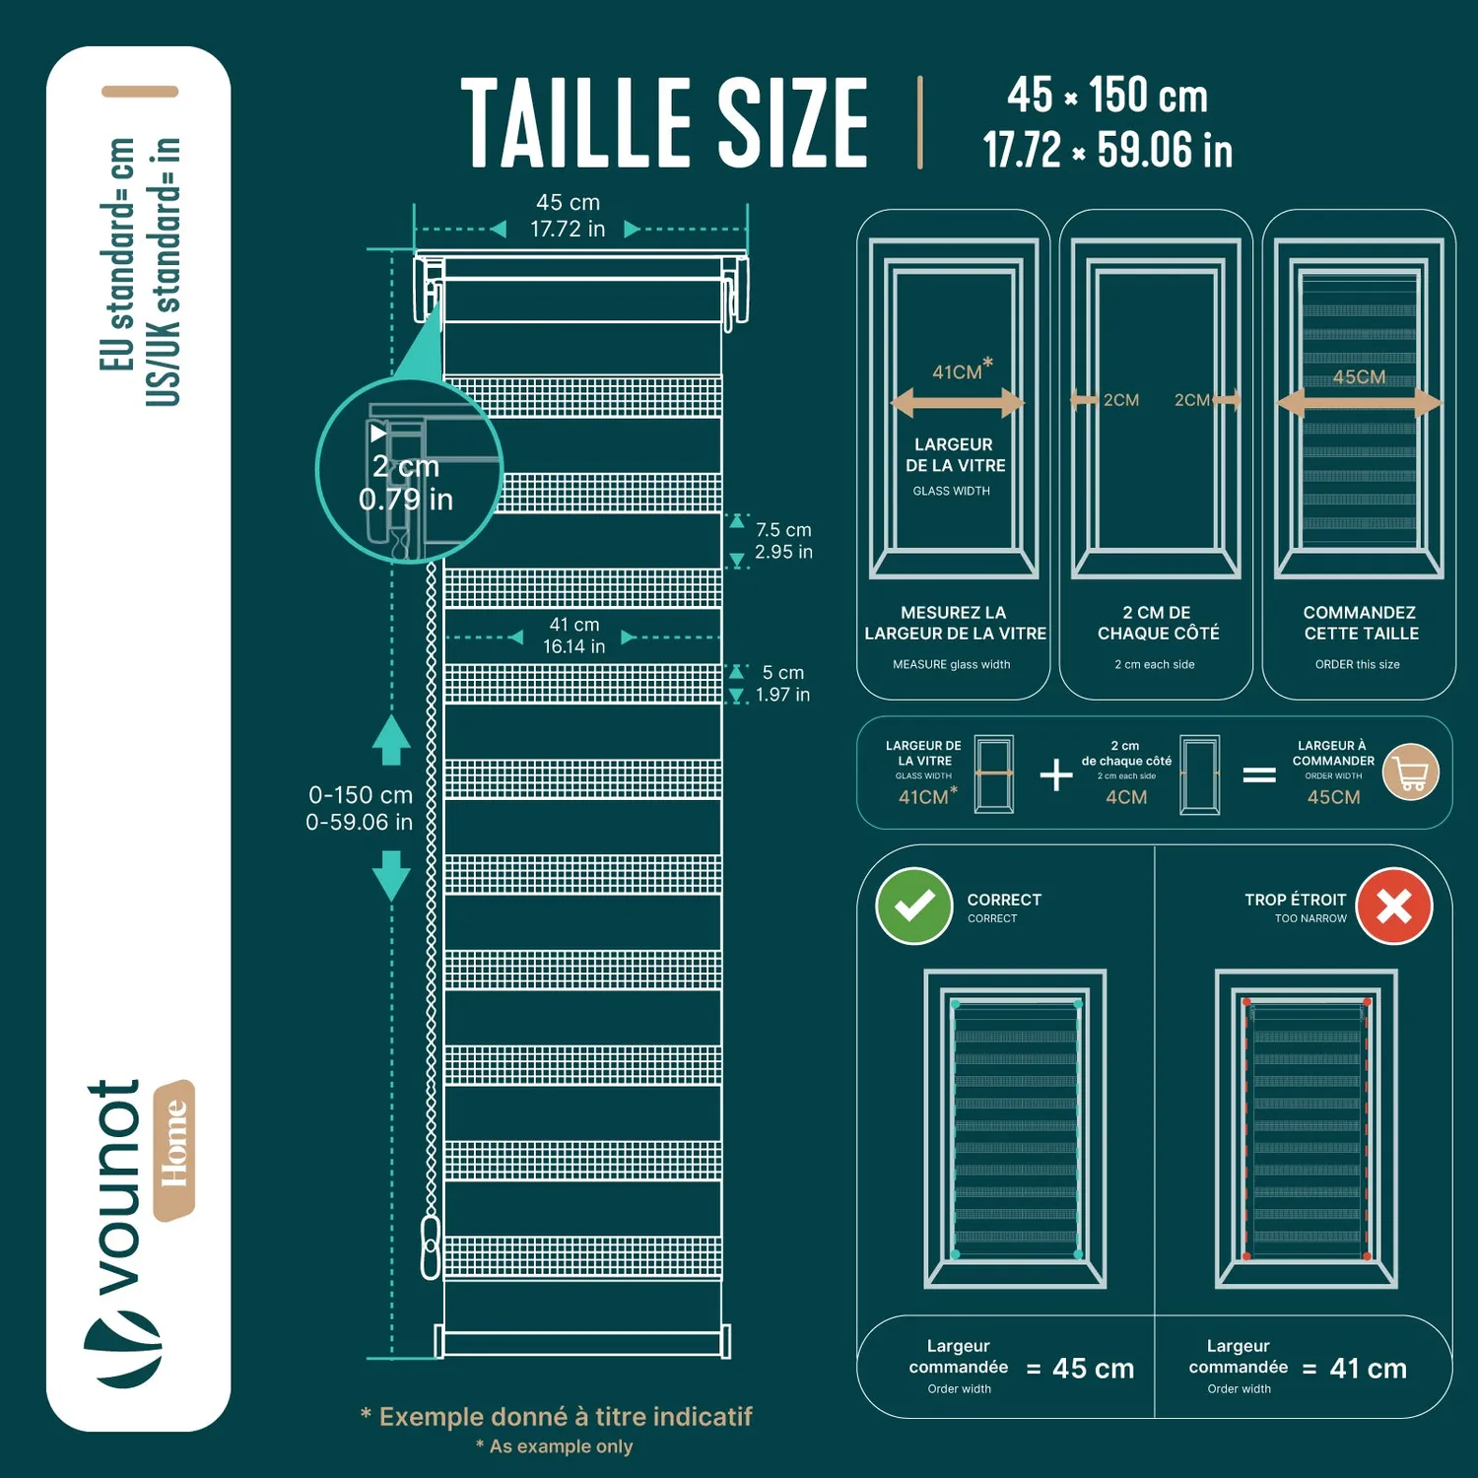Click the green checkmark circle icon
(x=914, y=906)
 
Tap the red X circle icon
(x=1394, y=906)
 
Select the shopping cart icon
(x=1411, y=773)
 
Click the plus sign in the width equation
(x=1056, y=774)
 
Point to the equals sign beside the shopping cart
(x=1259, y=775)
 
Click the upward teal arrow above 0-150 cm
(x=391, y=740)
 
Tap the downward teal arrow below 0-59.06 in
(x=391, y=876)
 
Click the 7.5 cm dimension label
(x=783, y=530)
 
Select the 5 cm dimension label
(x=783, y=673)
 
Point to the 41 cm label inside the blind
(x=574, y=625)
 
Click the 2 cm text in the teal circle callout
(x=405, y=466)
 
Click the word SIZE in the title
(x=793, y=123)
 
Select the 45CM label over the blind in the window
(x=1359, y=377)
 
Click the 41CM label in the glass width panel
(x=957, y=371)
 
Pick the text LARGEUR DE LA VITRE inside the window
(x=955, y=455)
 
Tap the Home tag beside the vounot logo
(x=173, y=1150)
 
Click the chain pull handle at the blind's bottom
(x=431, y=1247)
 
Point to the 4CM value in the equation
(x=1126, y=797)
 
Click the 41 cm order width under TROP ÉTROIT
(x=1368, y=1368)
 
